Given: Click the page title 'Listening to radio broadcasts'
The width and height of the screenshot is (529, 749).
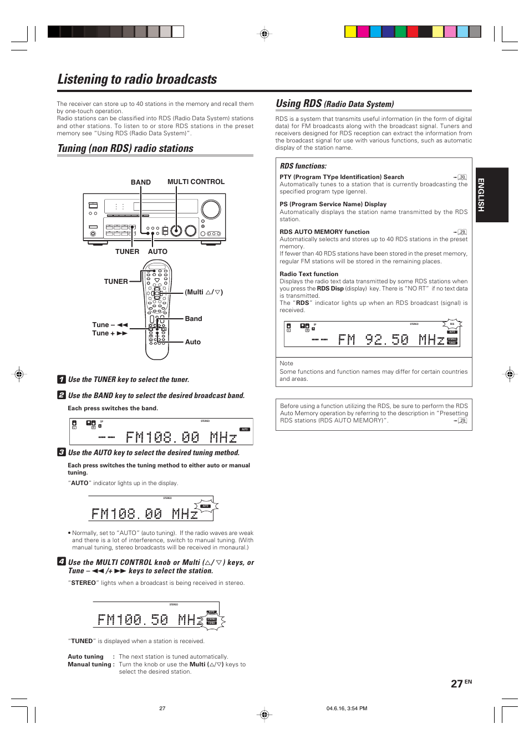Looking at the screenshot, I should coord(137,79).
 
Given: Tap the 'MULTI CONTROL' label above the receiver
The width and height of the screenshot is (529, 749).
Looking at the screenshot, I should coord(196,182).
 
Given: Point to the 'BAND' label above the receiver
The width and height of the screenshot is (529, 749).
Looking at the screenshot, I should coord(140,182).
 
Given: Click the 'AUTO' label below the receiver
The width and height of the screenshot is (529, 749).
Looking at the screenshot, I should coord(157,252).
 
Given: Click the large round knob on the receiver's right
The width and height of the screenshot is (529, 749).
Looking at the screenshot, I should coord(211,209).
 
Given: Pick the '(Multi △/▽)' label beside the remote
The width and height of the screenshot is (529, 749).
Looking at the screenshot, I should coord(204,292).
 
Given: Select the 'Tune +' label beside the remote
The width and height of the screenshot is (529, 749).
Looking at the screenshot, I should coord(104,333).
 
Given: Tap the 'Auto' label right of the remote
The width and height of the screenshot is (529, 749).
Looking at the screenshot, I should coord(192,342).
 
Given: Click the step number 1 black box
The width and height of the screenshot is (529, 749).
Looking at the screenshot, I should coord(62,379).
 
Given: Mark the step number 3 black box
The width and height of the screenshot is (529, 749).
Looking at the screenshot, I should coord(62,452).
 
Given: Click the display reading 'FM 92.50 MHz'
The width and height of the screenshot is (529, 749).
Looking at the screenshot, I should coord(372,334).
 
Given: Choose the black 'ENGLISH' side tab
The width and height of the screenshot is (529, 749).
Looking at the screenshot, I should coord(492,195).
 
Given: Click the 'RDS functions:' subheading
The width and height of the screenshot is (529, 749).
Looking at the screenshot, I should coord(303,166).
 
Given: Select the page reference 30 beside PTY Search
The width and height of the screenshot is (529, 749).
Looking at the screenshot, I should coord(462,177).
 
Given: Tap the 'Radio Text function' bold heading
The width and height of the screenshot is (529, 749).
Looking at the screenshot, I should coord(309,274).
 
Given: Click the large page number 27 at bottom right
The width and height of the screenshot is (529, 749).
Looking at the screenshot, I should coord(456,684).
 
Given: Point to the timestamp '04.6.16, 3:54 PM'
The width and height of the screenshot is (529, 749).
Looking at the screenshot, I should coord(347,708).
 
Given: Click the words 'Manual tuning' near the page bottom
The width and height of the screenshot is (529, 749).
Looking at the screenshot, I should coord(90,664).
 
